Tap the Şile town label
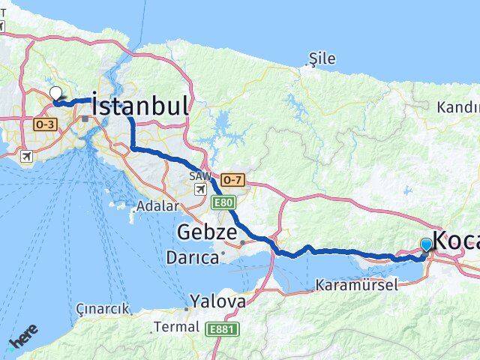[322, 58]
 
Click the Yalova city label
[217, 301]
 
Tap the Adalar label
[157, 206]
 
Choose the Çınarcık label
[103, 308]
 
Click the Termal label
[176, 327]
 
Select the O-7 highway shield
[232, 180]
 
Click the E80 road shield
[223, 203]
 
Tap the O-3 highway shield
[42, 124]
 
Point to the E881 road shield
[221, 328]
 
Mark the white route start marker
[56, 94]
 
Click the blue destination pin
[427, 244]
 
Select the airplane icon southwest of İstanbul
[28, 157]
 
